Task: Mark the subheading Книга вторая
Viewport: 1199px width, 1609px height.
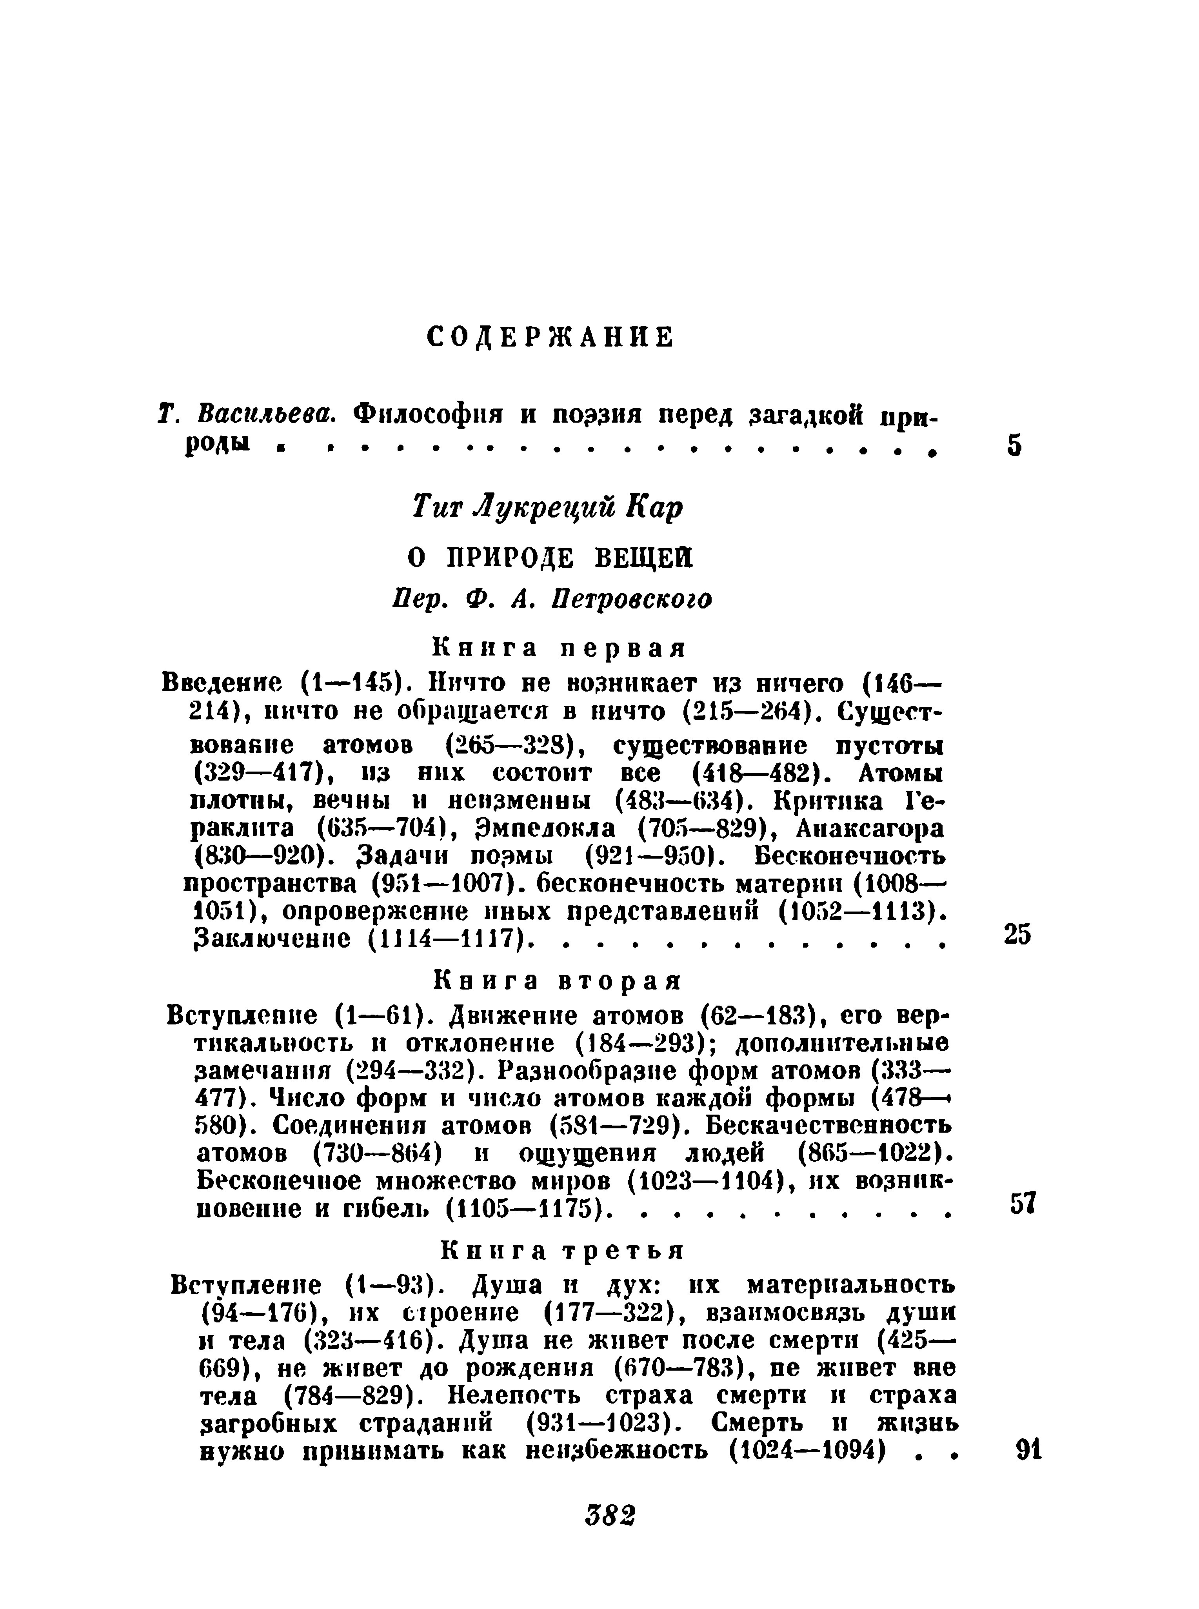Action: pos(558,981)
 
